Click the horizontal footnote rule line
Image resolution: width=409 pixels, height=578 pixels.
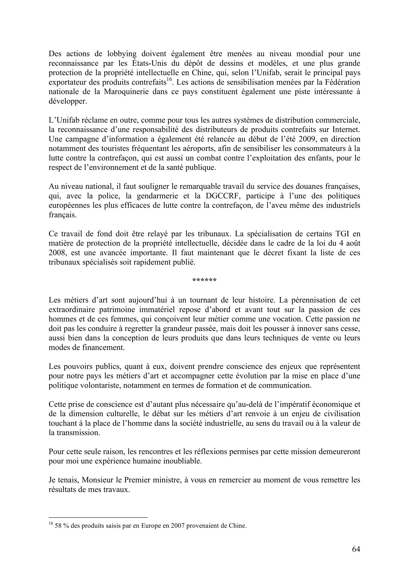[98, 518]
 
